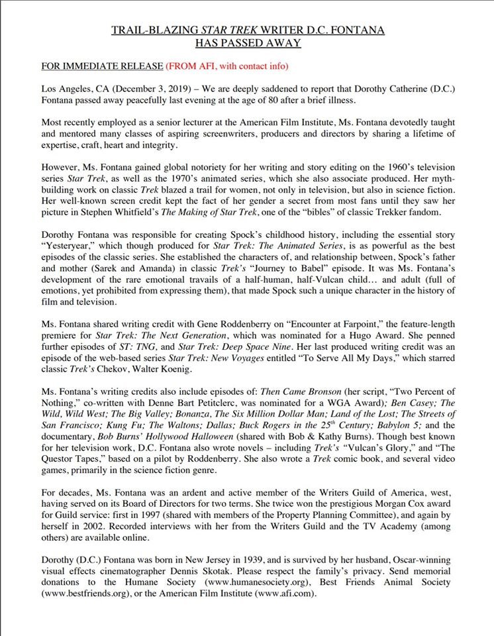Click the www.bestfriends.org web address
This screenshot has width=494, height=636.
point(86,594)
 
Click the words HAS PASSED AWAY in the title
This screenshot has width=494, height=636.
point(247,43)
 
